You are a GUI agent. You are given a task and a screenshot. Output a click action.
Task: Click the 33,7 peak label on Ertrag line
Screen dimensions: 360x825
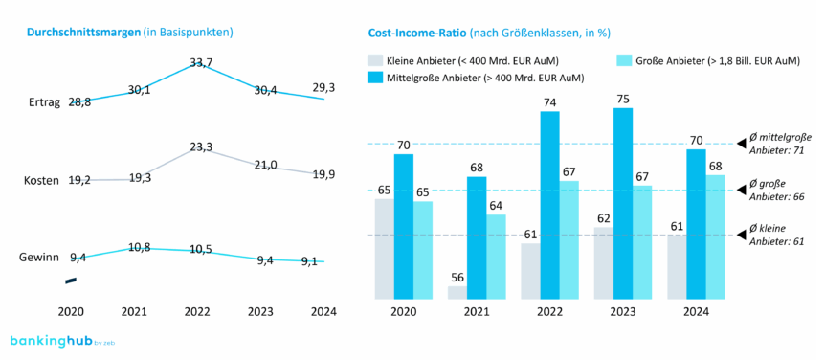point(201,63)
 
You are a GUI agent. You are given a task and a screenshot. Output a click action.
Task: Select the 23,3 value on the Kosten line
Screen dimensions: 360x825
point(201,147)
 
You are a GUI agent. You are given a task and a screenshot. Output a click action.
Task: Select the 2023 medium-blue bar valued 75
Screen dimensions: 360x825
point(623,203)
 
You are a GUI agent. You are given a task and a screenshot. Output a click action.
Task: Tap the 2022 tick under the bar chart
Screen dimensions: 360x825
point(549,311)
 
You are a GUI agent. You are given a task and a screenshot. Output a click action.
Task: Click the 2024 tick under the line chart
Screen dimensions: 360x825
point(324,311)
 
